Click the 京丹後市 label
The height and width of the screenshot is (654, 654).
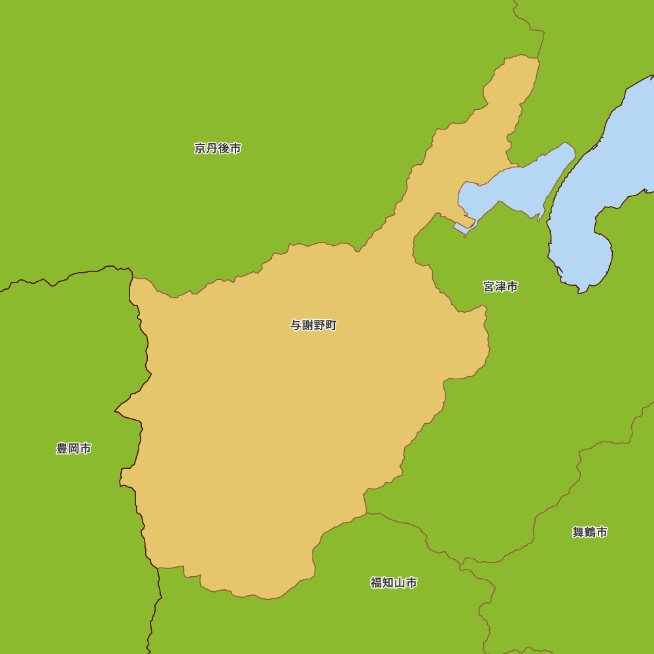(x=218, y=148)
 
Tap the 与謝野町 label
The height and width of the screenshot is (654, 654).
(x=313, y=325)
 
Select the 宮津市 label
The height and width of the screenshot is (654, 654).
(x=500, y=286)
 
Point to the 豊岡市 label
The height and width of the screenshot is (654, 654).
(x=74, y=449)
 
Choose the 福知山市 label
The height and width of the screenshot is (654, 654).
(x=394, y=583)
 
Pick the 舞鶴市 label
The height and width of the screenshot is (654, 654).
(x=590, y=532)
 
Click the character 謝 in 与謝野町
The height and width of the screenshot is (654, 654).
(x=307, y=325)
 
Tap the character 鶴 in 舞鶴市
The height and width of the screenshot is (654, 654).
(x=590, y=532)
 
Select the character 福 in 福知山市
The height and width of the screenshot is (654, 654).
(x=376, y=583)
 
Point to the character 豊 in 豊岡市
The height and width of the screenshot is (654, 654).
(x=62, y=449)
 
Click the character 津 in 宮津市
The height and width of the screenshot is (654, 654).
(x=500, y=286)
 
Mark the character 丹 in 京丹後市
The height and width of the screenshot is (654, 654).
(x=212, y=148)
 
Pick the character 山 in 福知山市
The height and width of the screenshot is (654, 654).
(x=400, y=583)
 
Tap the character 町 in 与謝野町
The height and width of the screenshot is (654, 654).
(x=331, y=325)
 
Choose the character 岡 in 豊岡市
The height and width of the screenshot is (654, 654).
(x=74, y=449)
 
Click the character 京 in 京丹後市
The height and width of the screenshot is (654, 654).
(x=200, y=148)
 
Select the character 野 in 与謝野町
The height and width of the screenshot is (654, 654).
(x=319, y=325)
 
